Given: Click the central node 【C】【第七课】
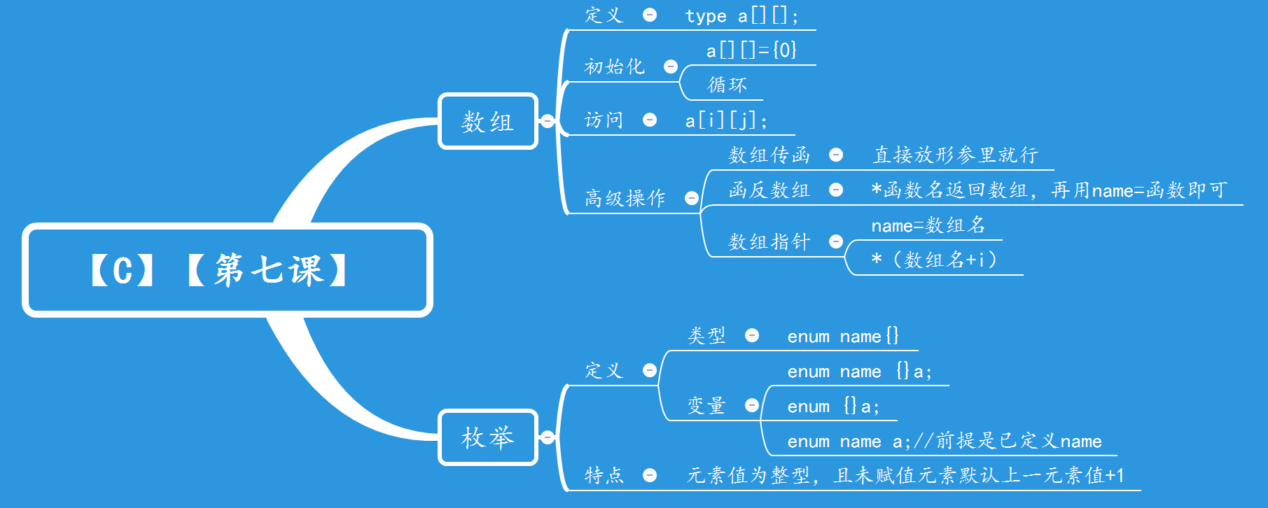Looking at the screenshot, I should [228, 270].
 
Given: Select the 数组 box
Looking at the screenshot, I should [487, 122].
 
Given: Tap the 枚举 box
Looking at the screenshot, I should [487, 438].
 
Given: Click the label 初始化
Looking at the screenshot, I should [614, 66].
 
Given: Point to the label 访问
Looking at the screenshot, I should [604, 120].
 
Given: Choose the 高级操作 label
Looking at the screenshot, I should [625, 198].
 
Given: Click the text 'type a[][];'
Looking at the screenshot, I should [741, 15].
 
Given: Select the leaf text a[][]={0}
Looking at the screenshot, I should [751, 50].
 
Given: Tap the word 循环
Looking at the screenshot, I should [727, 85].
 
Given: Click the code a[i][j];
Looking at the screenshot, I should [726, 121].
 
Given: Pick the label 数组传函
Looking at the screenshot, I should [769, 155].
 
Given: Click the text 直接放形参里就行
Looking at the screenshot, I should [955, 155].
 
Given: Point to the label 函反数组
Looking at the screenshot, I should [769, 190].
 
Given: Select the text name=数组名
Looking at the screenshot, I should [928, 225].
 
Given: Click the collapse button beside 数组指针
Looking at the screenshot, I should [836, 241].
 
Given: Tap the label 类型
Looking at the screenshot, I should [706, 336].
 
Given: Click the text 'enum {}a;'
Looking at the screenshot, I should [833, 407].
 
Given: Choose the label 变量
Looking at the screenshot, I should [706, 406].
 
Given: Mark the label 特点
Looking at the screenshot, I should [604, 476].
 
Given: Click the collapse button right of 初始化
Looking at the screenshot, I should [671, 66].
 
